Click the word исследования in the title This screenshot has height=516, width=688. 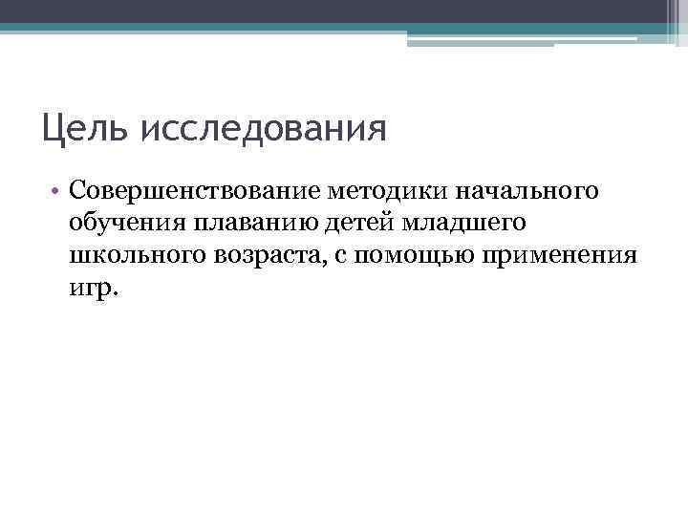coord(264,129)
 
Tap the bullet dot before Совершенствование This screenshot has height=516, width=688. coord(57,191)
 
